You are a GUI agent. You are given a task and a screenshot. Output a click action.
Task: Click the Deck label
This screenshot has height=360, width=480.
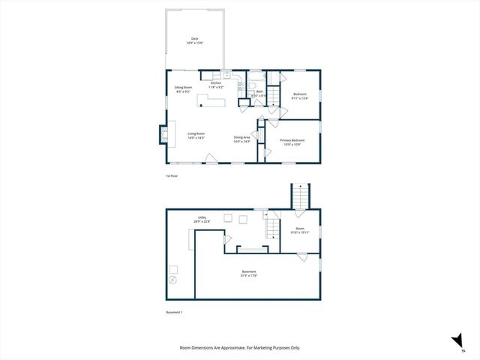tap(195, 41)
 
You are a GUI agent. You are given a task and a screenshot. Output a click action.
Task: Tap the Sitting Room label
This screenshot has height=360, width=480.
tap(173, 89)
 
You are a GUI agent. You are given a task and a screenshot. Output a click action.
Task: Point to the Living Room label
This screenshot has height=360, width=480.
tap(196, 136)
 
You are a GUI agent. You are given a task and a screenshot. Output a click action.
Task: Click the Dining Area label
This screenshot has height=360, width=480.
tap(241, 139)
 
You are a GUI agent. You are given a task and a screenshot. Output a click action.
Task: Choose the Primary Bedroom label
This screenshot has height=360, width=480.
tap(290, 142)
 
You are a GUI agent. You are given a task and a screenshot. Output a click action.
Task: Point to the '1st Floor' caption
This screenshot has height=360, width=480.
tap(172, 176)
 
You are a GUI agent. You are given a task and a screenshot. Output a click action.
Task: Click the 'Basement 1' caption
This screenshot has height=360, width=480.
tap(174, 312)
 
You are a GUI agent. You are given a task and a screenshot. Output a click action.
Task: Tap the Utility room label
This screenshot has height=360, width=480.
tap(202, 220)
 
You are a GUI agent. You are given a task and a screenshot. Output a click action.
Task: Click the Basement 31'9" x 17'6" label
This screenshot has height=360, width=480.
tap(249, 273)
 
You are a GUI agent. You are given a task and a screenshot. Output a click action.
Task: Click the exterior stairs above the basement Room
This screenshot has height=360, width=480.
tap(300, 196)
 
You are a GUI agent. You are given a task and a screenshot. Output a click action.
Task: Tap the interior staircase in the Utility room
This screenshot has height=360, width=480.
tap(271, 224)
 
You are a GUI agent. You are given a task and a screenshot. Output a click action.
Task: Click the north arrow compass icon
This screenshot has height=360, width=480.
tap(455, 342)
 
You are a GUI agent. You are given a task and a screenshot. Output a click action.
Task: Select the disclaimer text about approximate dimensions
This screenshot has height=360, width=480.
tap(240, 347)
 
